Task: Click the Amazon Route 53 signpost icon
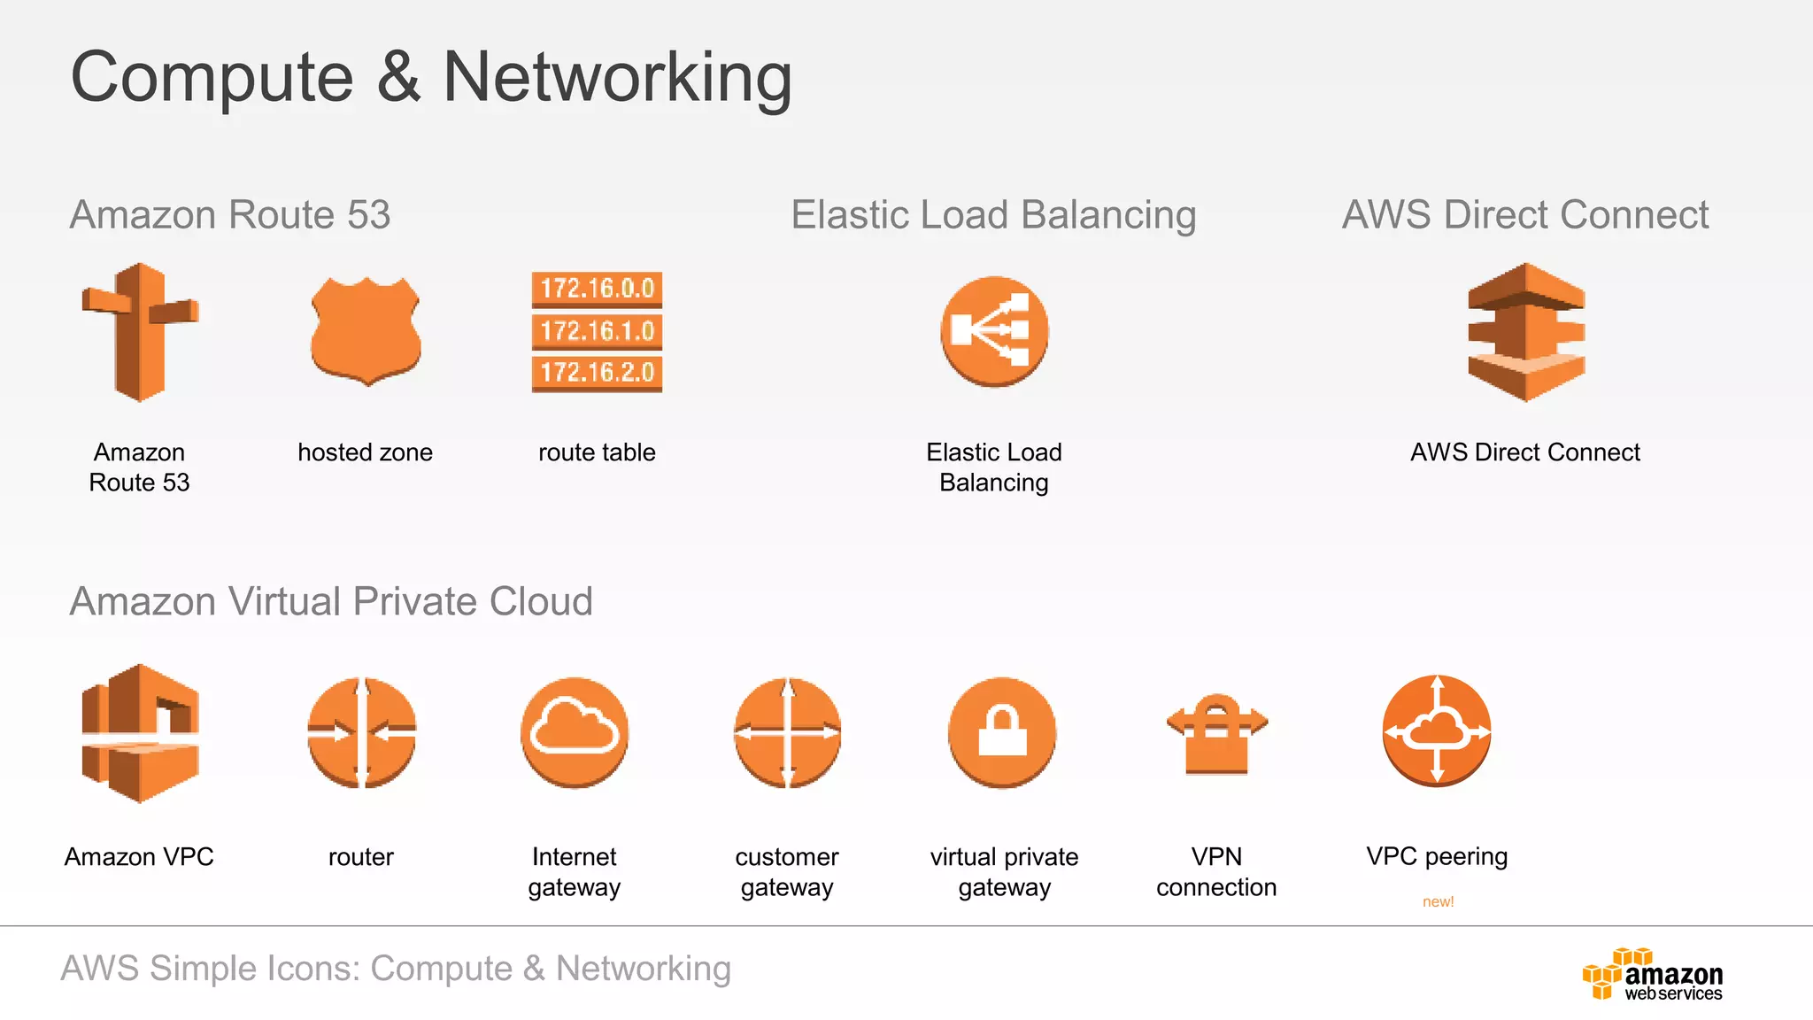pyautogui.click(x=140, y=332)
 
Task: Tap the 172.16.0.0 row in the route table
pyautogui.click(x=597, y=289)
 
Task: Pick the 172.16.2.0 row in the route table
pyautogui.click(x=597, y=373)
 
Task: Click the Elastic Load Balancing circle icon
pyautogui.click(x=994, y=331)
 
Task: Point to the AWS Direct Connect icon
pyautogui.click(x=1525, y=332)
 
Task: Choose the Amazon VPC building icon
pyautogui.click(x=140, y=733)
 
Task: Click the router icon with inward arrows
pyautogui.click(x=361, y=732)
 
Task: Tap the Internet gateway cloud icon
pyautogui.click(x=575, y=732)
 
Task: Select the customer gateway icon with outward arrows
pyautogui.click(x=787, y=732)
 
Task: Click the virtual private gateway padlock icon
pyautogui.click(x=1002, y=732)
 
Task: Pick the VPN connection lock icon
pyautogui.click(x=1216, y=734)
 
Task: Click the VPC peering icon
pyautogui.click(x=1437, y=730)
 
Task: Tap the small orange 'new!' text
pyautogui.click(x=1438, y=901)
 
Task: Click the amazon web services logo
pyautogui.click(x=1653, y=974)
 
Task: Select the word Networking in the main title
pyautogui.click(x=617, y=78)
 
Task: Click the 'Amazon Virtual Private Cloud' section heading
pyautogui.click(x=331, y=601)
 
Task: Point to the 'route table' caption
pyautogui.click(x=597, y=452)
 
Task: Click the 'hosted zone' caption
pyautogui.click(x=365, y=452)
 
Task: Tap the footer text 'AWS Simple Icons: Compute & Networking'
pyautogui.click(x=396, y=969)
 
